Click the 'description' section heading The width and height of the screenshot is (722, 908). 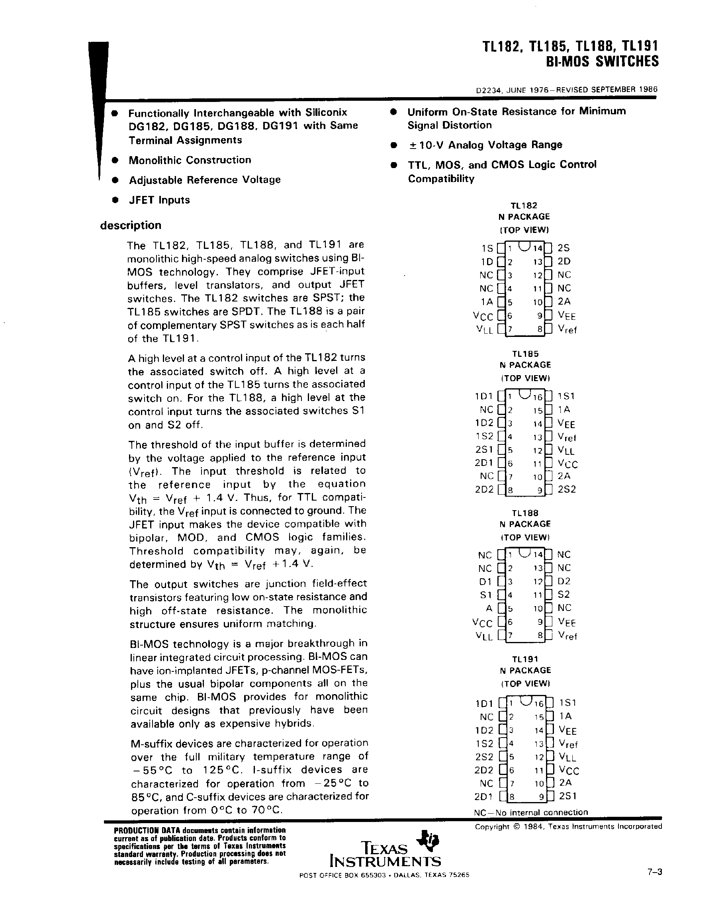click(131, 225)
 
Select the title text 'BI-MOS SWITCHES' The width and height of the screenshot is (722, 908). click(603, 61)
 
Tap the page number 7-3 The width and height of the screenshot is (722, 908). click(655, 872)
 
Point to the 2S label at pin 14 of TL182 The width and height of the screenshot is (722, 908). click(564, 248)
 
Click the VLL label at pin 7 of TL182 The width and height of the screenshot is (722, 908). click(484, 330)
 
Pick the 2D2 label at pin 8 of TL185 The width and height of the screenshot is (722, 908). click(484, 489)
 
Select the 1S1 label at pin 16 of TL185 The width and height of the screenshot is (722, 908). click(566, 396)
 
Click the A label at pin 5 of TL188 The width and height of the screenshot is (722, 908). click(489, 608)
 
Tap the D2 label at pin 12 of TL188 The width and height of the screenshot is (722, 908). click(564, 581)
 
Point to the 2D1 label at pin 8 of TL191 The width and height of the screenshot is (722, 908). click(484, 796)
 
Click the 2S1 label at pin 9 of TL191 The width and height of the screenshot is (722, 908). click(567, 796)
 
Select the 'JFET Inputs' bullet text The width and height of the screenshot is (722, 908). click(159, 200)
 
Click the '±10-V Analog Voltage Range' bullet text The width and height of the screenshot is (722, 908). click(485, 145)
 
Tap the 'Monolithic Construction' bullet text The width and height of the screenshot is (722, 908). click(190, 160)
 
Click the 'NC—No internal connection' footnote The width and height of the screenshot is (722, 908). click(531, 812)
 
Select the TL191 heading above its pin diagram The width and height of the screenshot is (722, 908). click(525, 659)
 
